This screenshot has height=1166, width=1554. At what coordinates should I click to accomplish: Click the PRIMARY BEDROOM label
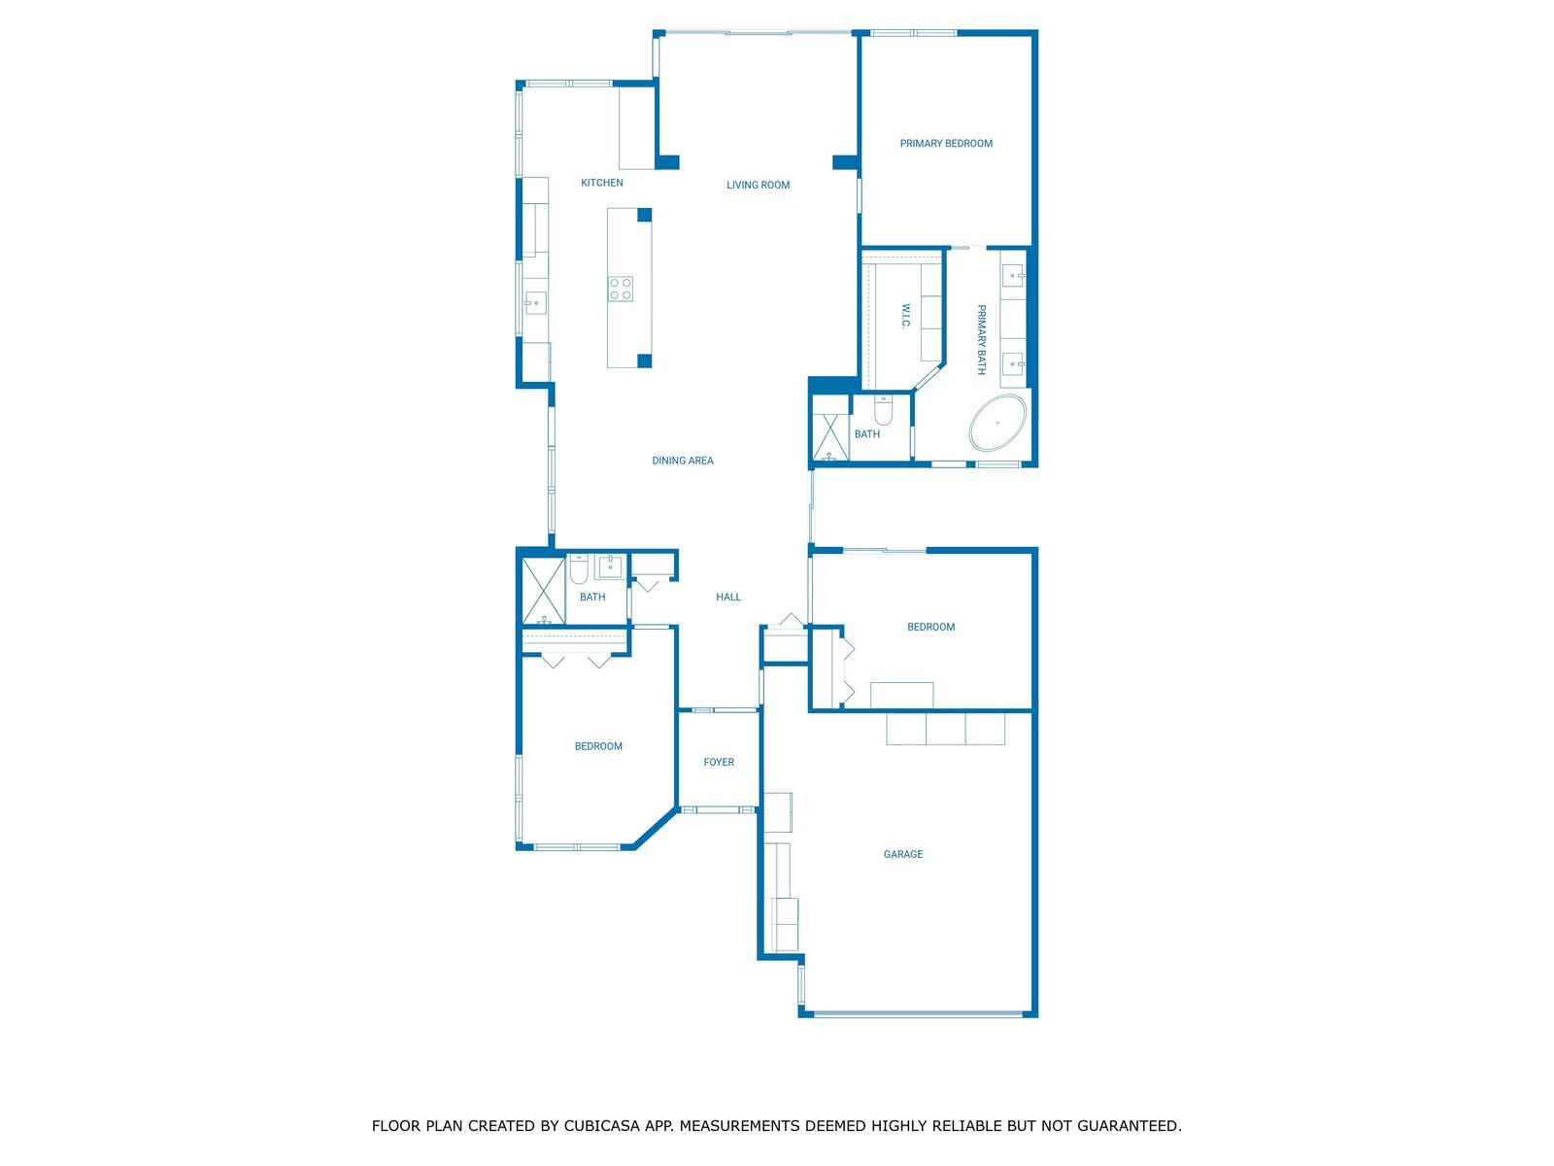point(945,143)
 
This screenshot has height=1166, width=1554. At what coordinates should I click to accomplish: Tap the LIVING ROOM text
point(758,185)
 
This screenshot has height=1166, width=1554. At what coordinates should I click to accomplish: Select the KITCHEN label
point(602,183)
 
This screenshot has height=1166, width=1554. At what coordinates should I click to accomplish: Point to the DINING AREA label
point(683,461)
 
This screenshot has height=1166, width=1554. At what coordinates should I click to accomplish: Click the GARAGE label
point(902,854)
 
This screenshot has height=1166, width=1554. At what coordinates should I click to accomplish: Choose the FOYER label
point(719,762)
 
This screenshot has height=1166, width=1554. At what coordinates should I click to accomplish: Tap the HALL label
point(727,597)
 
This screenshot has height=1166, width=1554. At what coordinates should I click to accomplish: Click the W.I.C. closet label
point(905,317)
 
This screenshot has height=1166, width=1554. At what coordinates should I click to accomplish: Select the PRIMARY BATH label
point(981,340)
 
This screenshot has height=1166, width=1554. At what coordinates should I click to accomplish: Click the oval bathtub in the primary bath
point(997,423)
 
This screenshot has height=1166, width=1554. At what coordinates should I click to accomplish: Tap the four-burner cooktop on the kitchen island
point(621,290)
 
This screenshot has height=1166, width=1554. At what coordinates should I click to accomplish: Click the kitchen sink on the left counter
point(535,303)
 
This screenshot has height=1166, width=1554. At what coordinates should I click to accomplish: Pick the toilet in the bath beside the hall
point(579,567)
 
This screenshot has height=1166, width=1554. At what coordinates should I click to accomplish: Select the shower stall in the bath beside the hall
point(543,591)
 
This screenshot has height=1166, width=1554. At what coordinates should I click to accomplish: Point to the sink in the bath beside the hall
point(610,566)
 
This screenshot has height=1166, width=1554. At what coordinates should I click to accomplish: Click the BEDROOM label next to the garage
point(930,627)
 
